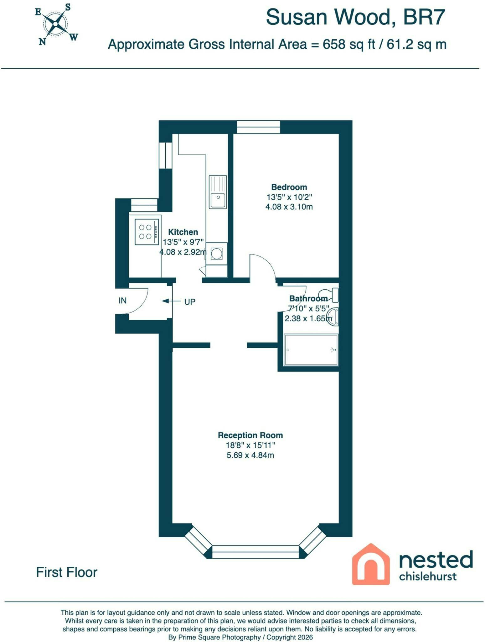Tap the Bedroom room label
pyautogui.click(x=289, y=187)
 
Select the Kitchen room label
pyautogui.click(x=183, y=232)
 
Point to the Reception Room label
pyautogui.click(x=250, y=435)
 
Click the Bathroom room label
pyautogui.click(x=308, y=298)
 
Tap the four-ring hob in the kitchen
pyautogui.click(x=147, y=232)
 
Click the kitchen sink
pyautogui.click(x=218, y=192)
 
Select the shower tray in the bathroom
pyautogui.click(x=311, y=350)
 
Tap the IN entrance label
pyautogui.click(x=122, y=301)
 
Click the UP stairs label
pyautogui.click(x=190, y=302)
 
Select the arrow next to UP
pyautogui.click(x=171, y=301)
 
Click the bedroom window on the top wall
pyautogui.click(x=258, y=127)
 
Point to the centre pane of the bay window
pyautogui.click(x=255, y=552)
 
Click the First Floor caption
pyautogui.click(x=67, y=572)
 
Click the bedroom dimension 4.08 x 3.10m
pyautogui.click(x=289, y=207)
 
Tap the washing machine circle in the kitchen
pyautogui.click(x=216, y=253)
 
